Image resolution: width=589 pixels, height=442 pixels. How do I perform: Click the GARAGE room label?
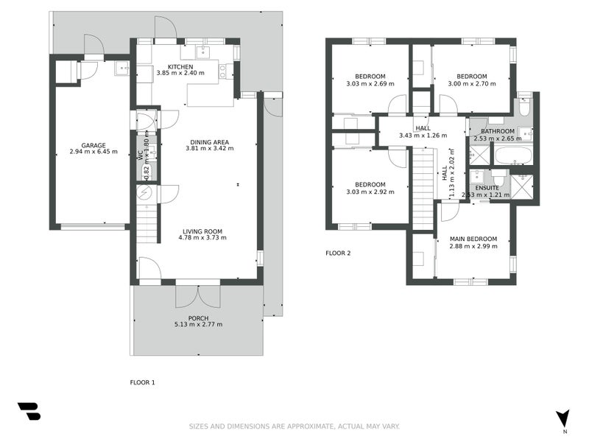point(94,145)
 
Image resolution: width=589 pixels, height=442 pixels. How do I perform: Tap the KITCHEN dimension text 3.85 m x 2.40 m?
point(180,73)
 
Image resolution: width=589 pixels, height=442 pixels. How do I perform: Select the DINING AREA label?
point(210,142)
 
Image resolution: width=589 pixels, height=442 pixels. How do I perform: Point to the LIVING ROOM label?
point(202,231)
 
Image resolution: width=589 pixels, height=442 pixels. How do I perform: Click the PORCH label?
point(198,318)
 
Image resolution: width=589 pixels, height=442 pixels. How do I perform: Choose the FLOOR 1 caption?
point(142,382)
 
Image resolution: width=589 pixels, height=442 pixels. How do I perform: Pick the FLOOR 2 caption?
point(338,253)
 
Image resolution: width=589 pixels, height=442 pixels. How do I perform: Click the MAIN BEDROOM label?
point(473,239)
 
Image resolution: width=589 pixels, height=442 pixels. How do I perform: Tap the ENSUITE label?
point(487,188)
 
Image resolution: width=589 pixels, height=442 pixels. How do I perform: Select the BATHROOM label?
point(498,131)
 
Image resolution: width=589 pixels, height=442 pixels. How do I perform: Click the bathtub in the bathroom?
point(513,155)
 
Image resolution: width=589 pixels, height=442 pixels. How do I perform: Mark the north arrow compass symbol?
point(562,418)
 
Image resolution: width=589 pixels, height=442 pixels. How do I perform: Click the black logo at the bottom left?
point(29,411)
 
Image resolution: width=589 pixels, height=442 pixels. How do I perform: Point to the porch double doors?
point(198,297)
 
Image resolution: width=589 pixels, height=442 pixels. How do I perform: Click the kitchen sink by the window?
point(203,52)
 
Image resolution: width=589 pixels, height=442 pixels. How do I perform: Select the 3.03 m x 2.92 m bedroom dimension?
point(370,192)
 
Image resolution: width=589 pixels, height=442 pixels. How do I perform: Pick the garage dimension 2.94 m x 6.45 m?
point(94,152)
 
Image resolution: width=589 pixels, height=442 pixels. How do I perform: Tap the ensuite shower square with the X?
point(522,186)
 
